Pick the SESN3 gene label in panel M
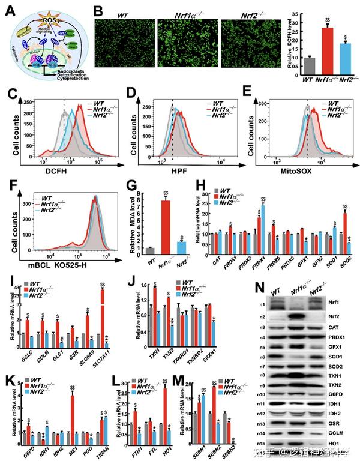(x=228, y=448)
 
